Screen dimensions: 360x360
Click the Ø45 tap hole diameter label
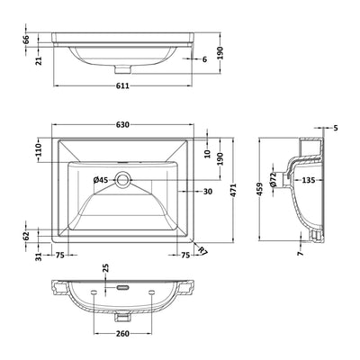[x=103, y=180]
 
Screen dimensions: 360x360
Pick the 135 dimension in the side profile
[x=309, y=180]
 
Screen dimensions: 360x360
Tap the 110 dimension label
[x=39, y=149]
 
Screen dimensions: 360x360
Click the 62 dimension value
[x=27, y=237]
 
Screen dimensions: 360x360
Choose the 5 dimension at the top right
[x=336, y=128]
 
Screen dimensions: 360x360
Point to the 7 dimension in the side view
[x=301, y=255]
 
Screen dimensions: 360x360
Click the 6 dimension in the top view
[x=204, y=59]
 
